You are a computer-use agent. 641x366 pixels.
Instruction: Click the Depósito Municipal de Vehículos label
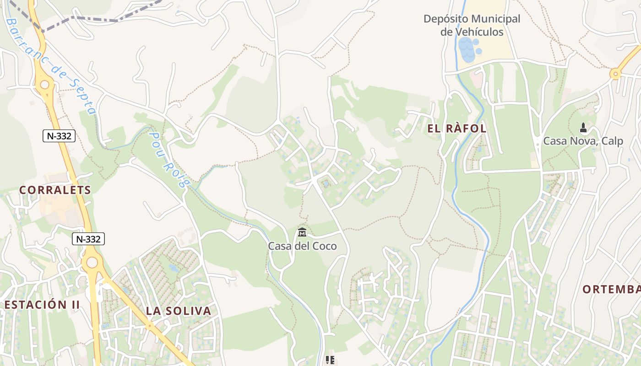(472, 26)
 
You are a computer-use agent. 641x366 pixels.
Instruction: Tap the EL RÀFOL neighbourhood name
(456, 129)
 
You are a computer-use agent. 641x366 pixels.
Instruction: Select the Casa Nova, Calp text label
(583, 141)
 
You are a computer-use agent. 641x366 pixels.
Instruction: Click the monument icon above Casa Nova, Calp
(583, 127)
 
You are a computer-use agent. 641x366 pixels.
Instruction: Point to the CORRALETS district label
(55, 190)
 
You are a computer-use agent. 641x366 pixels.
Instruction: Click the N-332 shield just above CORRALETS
(59, 135)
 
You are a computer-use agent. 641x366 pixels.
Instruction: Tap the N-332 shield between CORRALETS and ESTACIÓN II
(88, 238)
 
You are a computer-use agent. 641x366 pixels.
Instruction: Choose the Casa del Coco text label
(302, 246)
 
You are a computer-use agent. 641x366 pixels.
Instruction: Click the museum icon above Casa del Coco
(302, 233)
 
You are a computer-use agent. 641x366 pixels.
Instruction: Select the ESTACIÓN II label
(42, 305)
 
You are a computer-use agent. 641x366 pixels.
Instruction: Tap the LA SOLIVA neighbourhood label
(179, 311)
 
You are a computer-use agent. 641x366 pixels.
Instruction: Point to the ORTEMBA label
(611, 289)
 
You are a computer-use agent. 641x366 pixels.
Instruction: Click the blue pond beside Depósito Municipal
(467, 50)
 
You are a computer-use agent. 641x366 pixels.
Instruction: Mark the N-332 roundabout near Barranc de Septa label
(45, 84)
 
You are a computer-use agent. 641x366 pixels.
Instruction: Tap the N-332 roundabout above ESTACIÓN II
(92, 262)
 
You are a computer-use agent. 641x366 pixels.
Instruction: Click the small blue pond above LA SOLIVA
(173, 268)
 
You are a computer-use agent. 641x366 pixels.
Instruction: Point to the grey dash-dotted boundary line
(96, 20)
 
